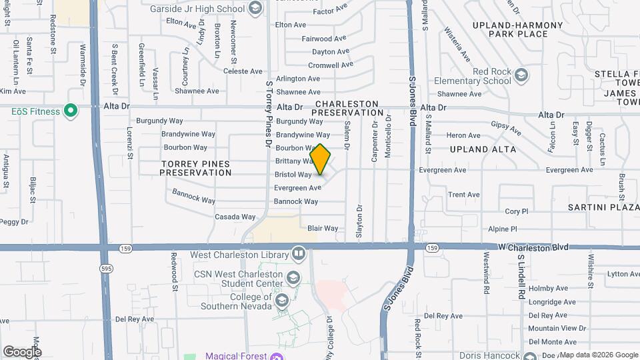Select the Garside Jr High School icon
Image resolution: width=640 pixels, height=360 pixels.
(x=254, y=8)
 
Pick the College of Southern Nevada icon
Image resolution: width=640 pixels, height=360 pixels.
(x=281, y=301)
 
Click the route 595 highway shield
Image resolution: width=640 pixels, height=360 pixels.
(x=107, y=267)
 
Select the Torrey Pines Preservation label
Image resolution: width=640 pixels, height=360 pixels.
(x=195, y=168)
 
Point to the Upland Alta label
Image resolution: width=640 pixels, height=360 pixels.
(x=483, y=149)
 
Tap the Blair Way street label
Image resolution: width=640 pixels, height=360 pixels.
(x=323, y=228)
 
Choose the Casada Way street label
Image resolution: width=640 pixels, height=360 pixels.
(x=235, y=217)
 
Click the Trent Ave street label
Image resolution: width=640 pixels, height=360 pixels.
(x=464, y=195)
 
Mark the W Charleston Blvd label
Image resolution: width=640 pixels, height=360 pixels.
(x=534, y=247)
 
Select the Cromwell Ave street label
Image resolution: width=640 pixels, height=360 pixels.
(x=331, y=65)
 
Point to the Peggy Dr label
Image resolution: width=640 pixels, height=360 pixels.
(x=15, y=221)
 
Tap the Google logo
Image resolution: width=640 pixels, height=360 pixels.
(x=22, y=351)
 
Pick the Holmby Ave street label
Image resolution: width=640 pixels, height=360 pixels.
(x=547, y=288)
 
